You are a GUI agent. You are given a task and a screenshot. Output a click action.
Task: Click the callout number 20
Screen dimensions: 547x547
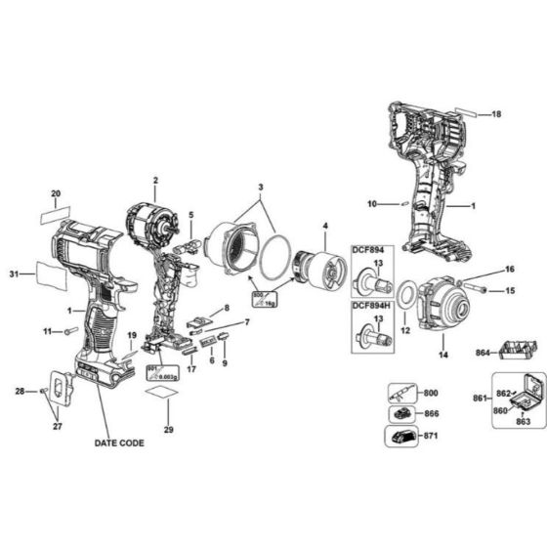pos(56,192)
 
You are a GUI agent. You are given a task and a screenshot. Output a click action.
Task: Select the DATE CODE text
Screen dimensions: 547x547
pos(119,442)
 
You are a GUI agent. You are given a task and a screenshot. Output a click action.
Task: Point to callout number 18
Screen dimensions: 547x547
pos(496,114)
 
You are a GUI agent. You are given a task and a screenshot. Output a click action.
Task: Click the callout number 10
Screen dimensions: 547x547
pos(371,203)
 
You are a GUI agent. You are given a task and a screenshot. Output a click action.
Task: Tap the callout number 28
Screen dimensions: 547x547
pos(19,391)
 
